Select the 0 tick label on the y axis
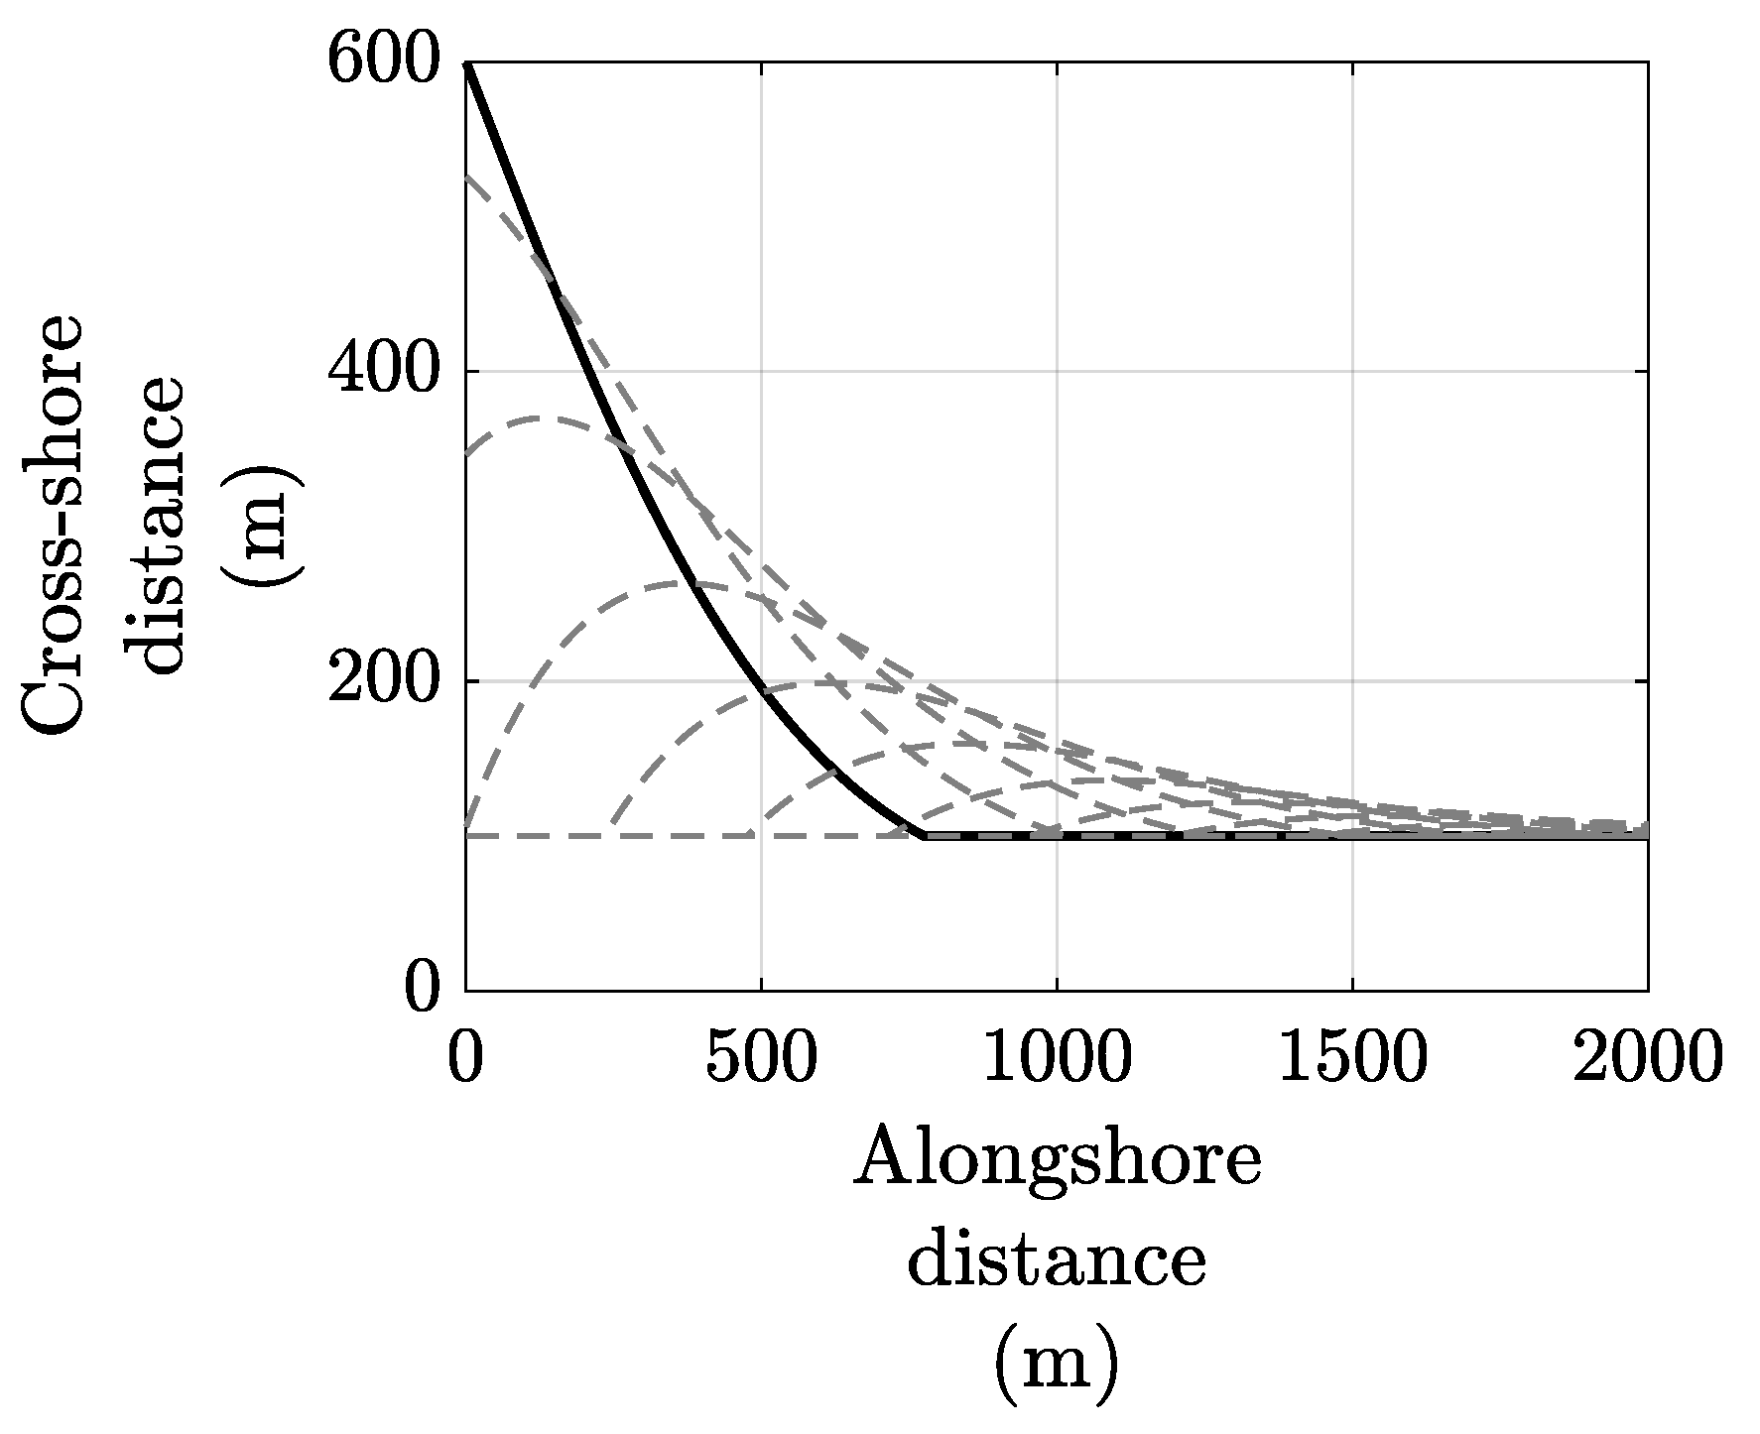point(422,989)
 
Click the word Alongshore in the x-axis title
point(1057,1162)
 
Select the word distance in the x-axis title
point(1057,1261)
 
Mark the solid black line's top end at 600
point(466,63)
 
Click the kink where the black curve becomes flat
point(925,836)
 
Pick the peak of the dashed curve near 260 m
point(685,582)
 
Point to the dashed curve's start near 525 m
point(467,177)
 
